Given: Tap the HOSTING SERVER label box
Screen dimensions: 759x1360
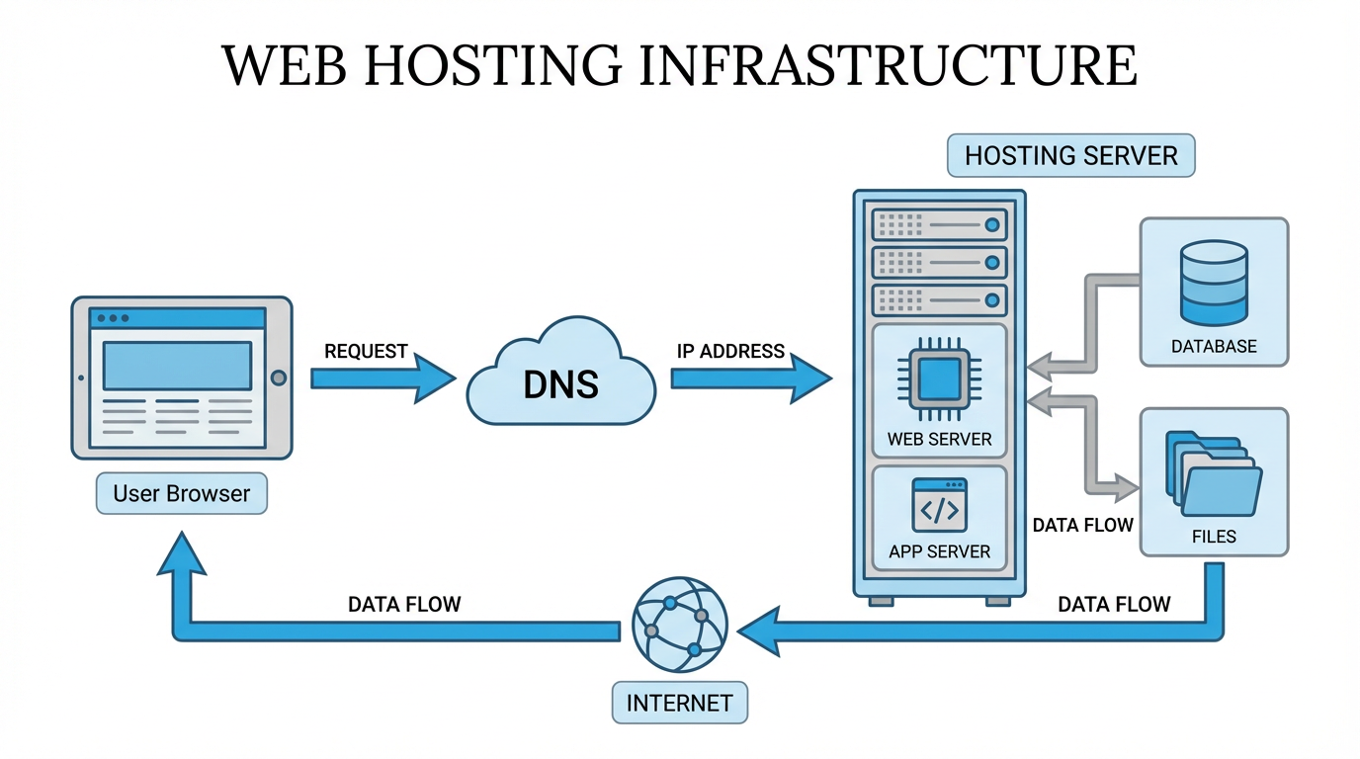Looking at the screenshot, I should pos(1070,156).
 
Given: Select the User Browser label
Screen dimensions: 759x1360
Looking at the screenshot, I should pos(182,493).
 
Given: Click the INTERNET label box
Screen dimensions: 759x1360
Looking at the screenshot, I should pos(679,703).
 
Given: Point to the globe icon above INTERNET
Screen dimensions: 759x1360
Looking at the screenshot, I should pos(679,625).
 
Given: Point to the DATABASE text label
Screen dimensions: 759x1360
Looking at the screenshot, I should pos(1214,347).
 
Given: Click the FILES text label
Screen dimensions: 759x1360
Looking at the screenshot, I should pos(1214,537).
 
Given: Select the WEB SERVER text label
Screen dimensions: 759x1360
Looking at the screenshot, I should pos(939,439).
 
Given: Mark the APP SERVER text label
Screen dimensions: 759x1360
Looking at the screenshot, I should pos(939,551).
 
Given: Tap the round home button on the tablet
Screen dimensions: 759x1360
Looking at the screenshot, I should pos(278,378).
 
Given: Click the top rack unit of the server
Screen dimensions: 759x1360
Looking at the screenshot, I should pos(939,225).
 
